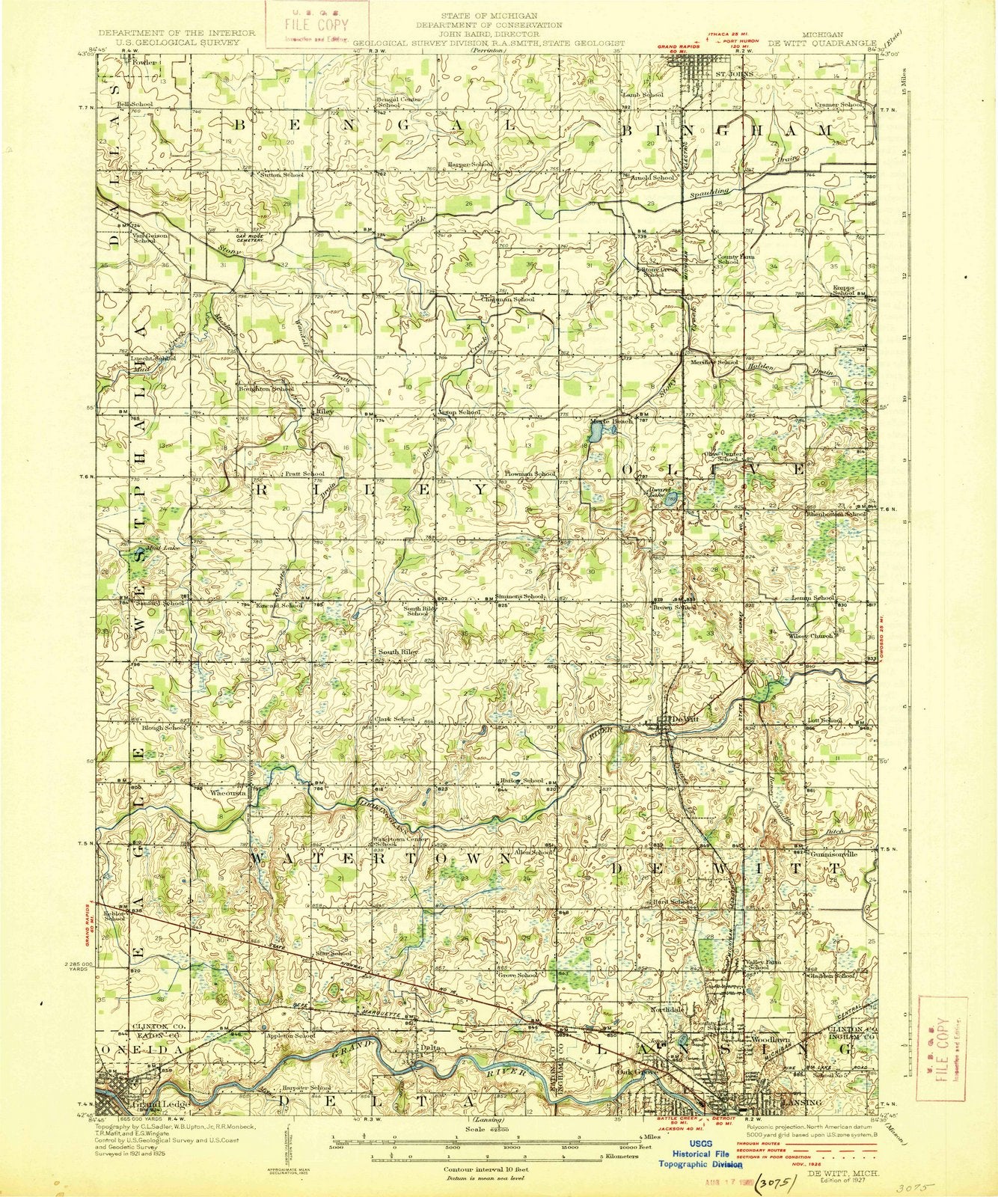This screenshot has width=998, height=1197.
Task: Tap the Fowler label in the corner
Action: coord(145,63)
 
